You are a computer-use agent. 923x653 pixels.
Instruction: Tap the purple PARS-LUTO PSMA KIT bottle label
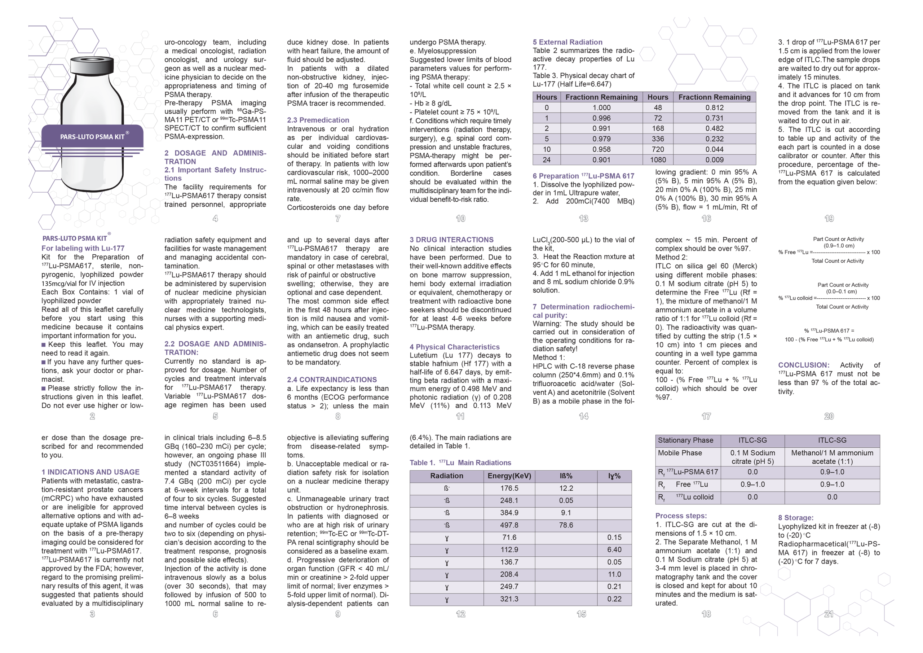[x=92, y=136]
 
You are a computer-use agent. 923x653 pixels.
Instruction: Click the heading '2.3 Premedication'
[x=318, y=120]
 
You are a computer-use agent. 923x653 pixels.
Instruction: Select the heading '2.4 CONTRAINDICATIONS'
[x=332, y=380]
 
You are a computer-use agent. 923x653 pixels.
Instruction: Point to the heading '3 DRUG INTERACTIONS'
[x=451, y=240]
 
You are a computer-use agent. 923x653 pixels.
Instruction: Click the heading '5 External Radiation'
[x=567, y=42]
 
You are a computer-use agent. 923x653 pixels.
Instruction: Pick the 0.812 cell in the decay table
[x=714, y=108]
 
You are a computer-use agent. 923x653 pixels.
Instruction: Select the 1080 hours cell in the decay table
[x=658, y=160]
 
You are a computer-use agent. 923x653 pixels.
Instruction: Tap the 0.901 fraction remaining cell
[x=601, y=160]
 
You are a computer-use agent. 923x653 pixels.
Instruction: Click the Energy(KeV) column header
[x=509, y=476]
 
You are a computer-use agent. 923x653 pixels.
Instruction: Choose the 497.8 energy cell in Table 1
[x=509, y=525]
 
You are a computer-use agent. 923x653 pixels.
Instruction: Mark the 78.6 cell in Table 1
[x=566, y=525]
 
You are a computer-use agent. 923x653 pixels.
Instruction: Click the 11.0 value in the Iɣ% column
[x=614, y=574]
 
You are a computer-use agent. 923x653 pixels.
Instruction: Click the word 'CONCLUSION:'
[x=803, y=365]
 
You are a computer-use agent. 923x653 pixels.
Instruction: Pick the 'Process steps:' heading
[x=681, y=516]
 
